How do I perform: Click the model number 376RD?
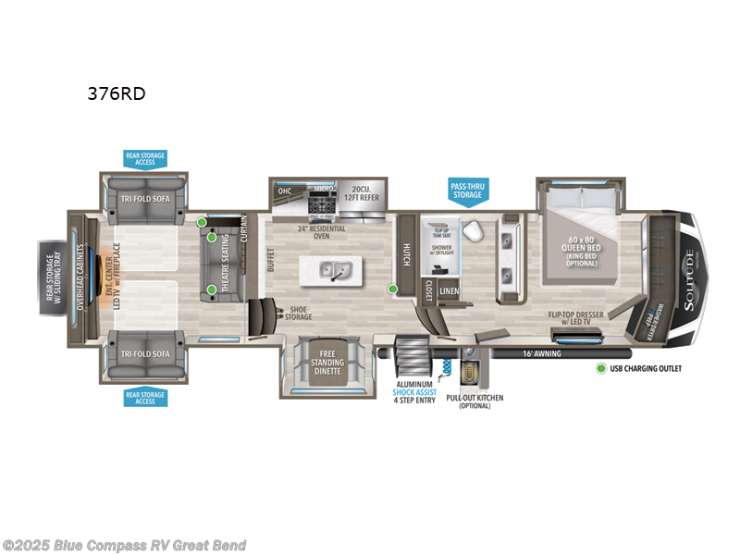coord(117,92)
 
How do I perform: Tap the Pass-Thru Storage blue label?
coord(466,190)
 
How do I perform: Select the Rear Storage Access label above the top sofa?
coord(145,159)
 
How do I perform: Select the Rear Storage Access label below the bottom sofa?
coord(145,398)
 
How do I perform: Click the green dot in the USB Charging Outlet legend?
coord(602,369)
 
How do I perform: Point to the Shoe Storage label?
coord(298,314)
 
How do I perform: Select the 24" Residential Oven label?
coord(321,232)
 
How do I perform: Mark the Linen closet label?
coord(449,291)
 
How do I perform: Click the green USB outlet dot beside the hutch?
coord(392,290)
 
